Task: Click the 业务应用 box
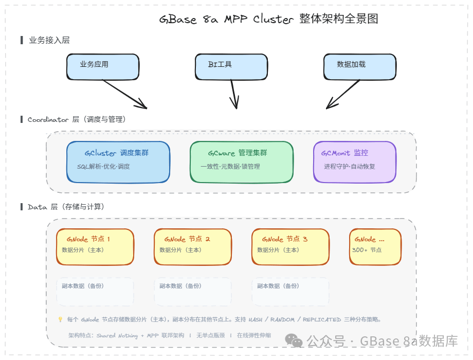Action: tap(103, 67)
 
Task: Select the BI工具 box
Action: tap(231, 67)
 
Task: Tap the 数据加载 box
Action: tap(360, 67)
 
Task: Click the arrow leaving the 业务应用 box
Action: tap(125, 94)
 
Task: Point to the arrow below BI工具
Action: tap(234, 94)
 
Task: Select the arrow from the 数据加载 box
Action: tap(343, 94)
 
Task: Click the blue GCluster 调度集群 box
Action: tap(118, 162)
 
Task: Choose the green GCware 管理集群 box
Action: tap(242, 162)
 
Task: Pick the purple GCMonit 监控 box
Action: tap(355, 162)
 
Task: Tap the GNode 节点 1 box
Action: tap(95, 247)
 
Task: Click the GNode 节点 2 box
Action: tap(193, 247)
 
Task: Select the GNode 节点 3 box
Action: tap(290, 247)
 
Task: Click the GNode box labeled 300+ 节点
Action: tap(375, 247)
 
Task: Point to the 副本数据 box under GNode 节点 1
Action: tap(95, 292)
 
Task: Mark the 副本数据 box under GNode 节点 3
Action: tap(290, 292)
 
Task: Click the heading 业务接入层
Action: tap(49, 40)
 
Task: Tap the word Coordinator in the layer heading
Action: tap(48, 120)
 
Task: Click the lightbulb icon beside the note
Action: tap(60, 319)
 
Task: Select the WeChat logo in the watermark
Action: tap(294, 340)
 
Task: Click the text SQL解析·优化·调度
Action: tap(103, 167)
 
